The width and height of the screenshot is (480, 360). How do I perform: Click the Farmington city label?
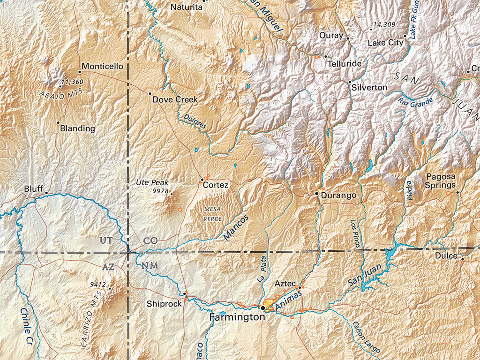tap(238, 317)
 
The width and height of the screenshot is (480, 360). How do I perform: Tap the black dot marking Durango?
tap(317, 193)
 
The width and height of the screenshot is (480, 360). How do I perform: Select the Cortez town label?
tap(216, 185)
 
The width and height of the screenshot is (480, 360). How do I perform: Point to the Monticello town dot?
tap(80, 72)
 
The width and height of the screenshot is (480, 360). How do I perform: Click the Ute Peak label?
tap(152, 182)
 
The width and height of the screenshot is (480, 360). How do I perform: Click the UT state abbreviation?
tap(106, 240)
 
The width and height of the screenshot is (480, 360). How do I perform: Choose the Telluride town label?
tap(345, 63)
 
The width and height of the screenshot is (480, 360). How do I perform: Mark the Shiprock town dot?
tap(185, 294)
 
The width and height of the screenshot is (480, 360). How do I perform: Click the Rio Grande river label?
tap(416, 100)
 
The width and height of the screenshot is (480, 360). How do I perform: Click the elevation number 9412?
tap(98, 284)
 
